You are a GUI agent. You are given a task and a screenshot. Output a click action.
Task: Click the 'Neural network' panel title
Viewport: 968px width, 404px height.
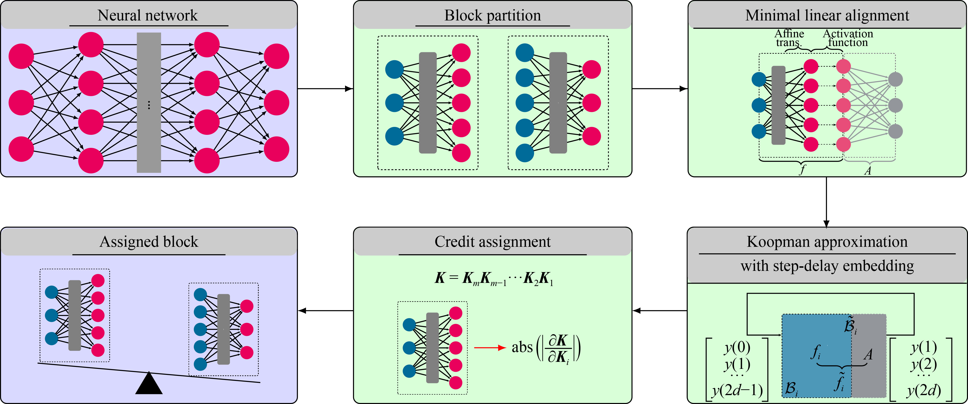point(147,15)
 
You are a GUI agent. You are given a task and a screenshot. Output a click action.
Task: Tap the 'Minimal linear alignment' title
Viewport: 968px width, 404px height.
point(827,15)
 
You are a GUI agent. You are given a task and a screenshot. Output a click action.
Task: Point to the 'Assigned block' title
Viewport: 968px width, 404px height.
point(149,242)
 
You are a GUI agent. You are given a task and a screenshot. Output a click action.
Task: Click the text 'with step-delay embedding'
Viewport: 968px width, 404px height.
point(827,266)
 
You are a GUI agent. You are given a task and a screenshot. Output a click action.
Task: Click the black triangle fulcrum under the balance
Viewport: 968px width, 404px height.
point(149,384)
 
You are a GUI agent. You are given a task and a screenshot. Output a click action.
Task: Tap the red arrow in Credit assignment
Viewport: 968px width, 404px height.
point(490,348)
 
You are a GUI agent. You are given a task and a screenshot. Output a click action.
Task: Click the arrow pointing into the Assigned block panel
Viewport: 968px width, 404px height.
point(325,311)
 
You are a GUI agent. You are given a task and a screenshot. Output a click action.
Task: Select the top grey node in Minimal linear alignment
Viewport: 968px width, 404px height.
point(896,79)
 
